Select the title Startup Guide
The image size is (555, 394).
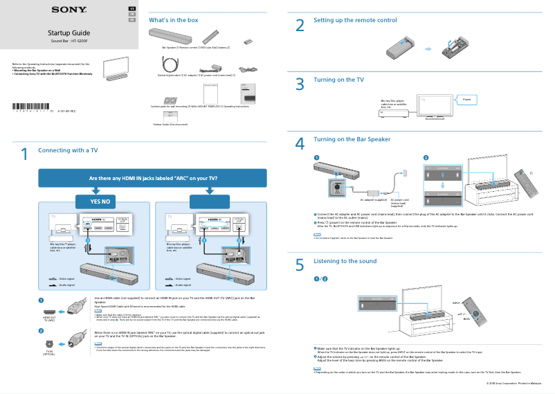[x=69, y=33]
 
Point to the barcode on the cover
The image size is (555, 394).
[x=30, y=106]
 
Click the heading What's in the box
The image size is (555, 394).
[x=174, y=20]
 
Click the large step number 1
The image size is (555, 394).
[x=24, y=154]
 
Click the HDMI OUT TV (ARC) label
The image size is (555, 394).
[x=49, y=319]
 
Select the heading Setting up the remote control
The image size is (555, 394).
[x=355, y=20]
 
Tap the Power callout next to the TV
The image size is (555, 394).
[x=466, y=100]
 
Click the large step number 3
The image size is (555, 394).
[x=300, y=84]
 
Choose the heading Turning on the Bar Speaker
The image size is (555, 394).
[x=352, y=139]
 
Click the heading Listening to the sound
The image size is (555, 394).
[x=345, y=261]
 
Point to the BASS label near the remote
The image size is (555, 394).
[x=466, y=319]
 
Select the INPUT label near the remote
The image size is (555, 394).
[x=456, y=303]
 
